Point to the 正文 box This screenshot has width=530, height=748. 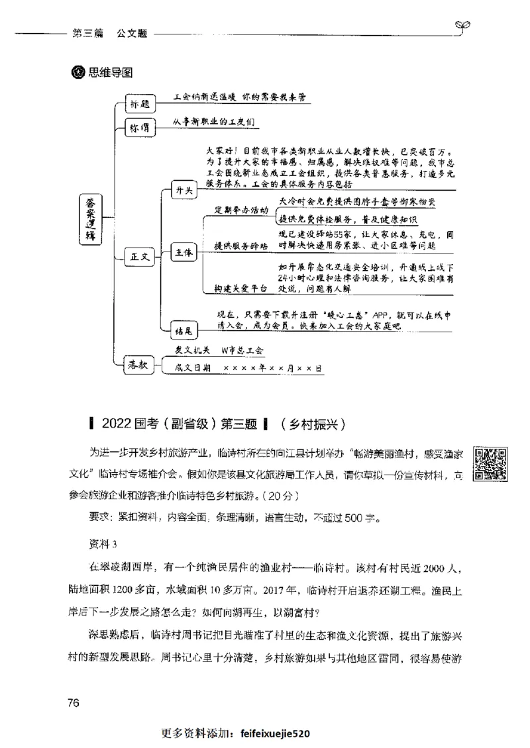(x=139, y=256)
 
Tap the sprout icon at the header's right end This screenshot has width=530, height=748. (x=463, y=26)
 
